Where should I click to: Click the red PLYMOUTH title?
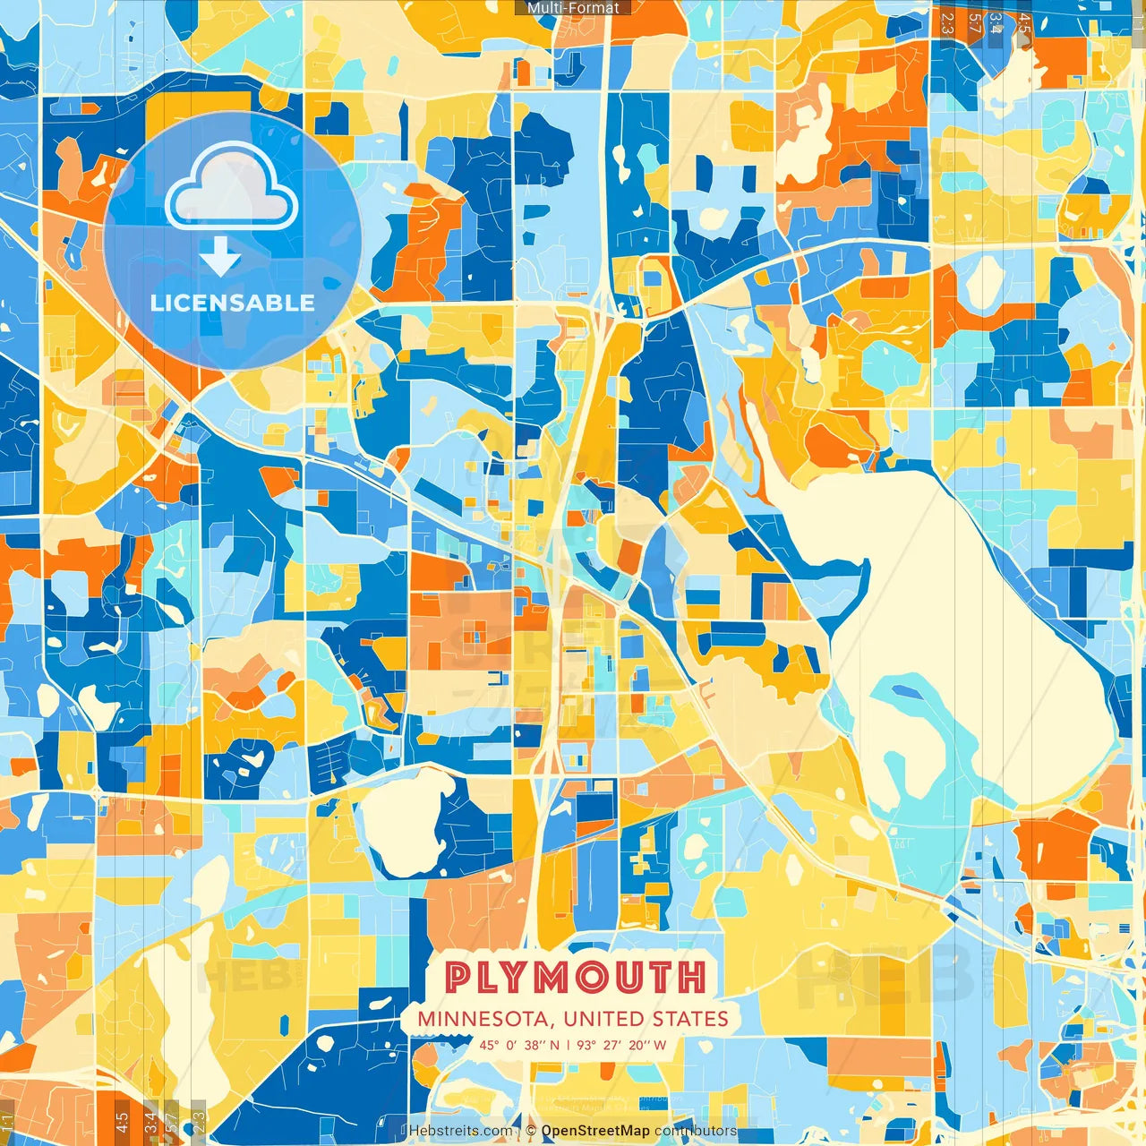click(575, 978)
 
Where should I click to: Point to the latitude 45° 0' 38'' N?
click(519, 1045)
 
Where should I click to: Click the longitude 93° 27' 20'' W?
click(621, 1045)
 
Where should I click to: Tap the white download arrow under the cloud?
click(220, 258)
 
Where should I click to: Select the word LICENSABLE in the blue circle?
click(233, 303)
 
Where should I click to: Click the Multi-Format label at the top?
click(573, 7)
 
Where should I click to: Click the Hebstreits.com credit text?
click(460, 1131)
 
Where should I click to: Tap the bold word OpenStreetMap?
click(595, 1131)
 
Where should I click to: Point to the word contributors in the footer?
click(696, 1131)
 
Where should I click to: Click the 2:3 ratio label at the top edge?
click(946, 22)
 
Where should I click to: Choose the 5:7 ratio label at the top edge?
click(974, 22)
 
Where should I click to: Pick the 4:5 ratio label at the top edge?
click(1024, 22)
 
